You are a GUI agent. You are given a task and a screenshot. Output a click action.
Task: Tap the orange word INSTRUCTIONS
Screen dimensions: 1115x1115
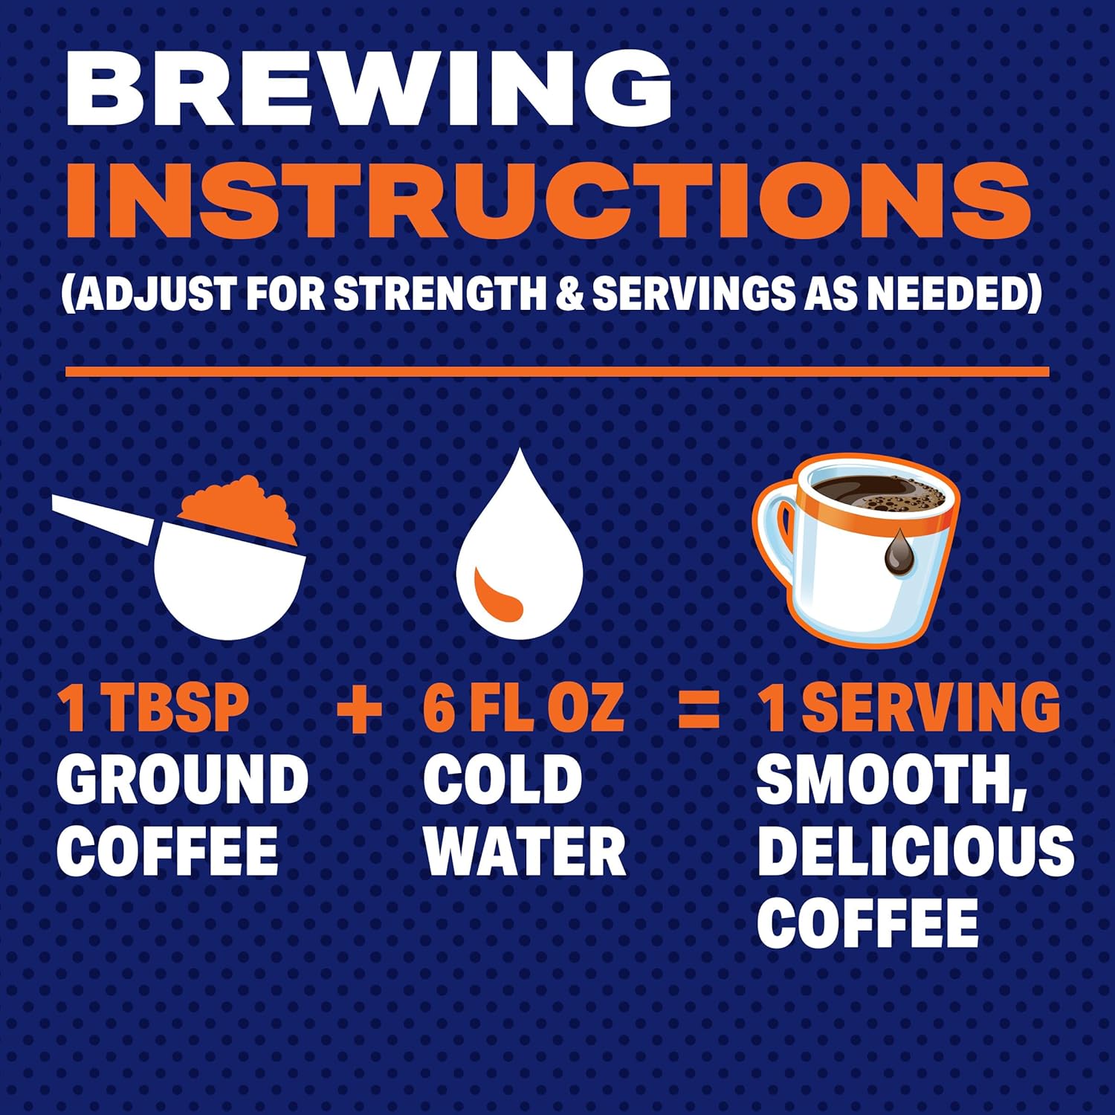pos(549,199)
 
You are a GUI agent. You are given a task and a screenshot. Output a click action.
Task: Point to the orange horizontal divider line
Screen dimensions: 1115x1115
pos(557,372)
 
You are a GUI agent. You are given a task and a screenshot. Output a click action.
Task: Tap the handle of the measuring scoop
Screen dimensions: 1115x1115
pos(104,519)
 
